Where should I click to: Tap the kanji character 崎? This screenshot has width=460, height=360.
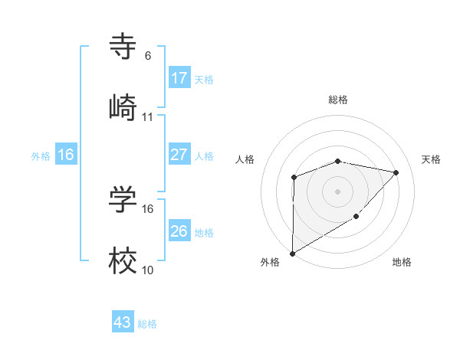point(123,108)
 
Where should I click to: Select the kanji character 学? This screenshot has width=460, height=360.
point(123,200)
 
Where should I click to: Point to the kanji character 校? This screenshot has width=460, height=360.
point(123,261)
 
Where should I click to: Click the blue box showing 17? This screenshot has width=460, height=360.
point(179,78)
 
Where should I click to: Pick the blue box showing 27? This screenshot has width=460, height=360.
point(179,155)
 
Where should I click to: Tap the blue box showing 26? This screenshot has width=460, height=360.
point(179,231)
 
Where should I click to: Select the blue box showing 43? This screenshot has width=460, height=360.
point(123,322)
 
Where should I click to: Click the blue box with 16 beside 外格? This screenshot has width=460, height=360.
point(66,155)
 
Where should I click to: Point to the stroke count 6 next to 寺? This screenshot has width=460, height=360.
point(148,56)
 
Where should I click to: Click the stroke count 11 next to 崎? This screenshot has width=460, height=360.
point(148,117)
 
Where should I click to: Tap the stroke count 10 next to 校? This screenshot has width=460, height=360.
point(148,270)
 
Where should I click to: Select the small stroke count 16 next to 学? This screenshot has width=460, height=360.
point(148,208)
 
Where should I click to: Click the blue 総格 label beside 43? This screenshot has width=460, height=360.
point(147,324)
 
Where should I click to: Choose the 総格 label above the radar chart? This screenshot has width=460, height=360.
point(337,100)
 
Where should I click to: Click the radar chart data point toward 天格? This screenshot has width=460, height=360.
point(396,172)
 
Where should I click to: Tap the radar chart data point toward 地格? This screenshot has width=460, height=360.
point(356,218)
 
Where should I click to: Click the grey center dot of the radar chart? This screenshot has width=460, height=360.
point(337,191)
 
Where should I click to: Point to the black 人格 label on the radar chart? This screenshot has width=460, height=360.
point(245,159)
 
